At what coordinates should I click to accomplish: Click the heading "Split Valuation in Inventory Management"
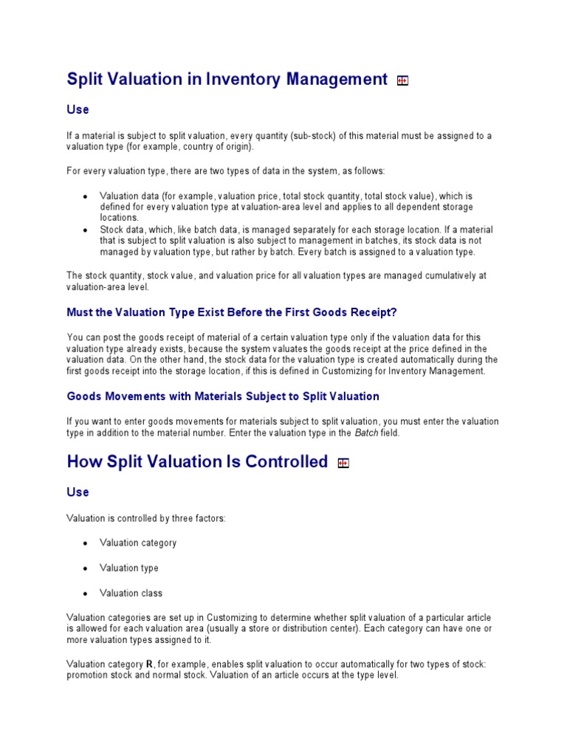click(x=227, y=79)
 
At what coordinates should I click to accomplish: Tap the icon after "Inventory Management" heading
click(x=402, y=81)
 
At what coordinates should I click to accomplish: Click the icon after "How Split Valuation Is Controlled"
click(x=343, y=464)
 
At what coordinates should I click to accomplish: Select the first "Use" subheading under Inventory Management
click(x=78, y=109)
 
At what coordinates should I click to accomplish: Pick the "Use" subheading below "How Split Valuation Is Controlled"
click(x=78, y=492)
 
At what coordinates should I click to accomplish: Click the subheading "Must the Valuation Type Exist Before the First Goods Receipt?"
click(x=237, y=312)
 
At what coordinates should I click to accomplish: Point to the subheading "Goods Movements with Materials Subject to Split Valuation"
click(x=223, y=396)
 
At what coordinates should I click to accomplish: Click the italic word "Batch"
click(x=366, y=433)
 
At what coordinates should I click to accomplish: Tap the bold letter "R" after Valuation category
click(x=150, y=664)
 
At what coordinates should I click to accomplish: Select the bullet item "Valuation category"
click(x=138, y=543)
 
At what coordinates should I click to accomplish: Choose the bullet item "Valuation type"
click(x=129, y=568)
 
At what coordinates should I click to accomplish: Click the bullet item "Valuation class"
click(x=131, y=593)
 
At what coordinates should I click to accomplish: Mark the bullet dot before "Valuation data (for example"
click(x=86, y=196)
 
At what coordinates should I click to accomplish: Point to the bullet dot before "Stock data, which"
click(x=86, y=230)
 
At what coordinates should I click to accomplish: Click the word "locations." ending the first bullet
click(x=120, y=218)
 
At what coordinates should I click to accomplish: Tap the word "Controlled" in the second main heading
click(x=285, y=462)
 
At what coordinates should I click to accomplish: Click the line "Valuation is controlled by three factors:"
click(x=146, y=518)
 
